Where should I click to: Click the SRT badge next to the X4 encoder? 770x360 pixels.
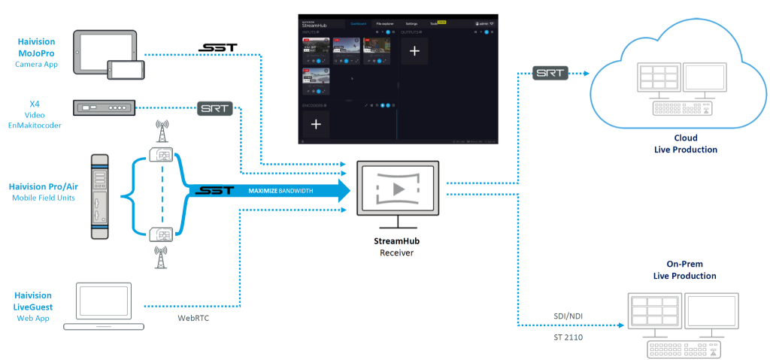point(215,108)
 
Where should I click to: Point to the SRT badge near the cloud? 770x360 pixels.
point(549,74)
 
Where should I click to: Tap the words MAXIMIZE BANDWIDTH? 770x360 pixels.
point(283,191)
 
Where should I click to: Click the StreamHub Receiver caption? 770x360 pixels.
point(396,247)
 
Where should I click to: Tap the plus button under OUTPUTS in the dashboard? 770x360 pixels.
point(414,51)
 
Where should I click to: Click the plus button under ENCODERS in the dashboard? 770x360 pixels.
point(316,124)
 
